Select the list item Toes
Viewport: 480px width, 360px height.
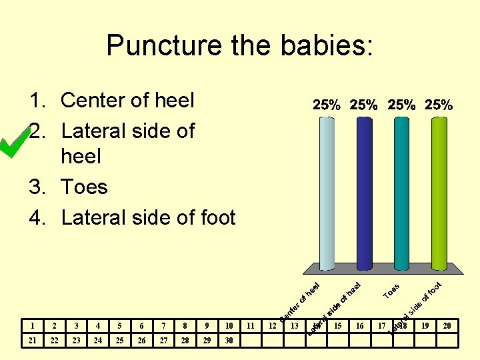click(84, 187)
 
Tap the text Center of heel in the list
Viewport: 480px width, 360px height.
click(127, 101)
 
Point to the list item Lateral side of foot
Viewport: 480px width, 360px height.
click(148, 217)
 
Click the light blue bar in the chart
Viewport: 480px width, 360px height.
click(326, 193)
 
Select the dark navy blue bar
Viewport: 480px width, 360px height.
click(364, 193)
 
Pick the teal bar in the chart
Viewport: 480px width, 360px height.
click(401, 193)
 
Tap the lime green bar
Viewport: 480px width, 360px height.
click(438, 193)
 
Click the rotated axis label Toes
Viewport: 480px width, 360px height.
click(391, 291)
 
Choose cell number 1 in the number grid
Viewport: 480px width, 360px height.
click(33, 326)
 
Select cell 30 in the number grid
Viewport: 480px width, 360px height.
click(229, 341)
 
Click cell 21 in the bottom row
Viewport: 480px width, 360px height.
click(33, 341)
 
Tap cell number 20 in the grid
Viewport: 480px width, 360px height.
click(447, 326)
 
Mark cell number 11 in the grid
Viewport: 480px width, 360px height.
click(251, 326)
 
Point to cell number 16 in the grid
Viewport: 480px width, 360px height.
click(360, 326)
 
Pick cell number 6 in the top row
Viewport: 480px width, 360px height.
click(141, 326)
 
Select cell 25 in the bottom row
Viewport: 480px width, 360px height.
click(120, 341)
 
